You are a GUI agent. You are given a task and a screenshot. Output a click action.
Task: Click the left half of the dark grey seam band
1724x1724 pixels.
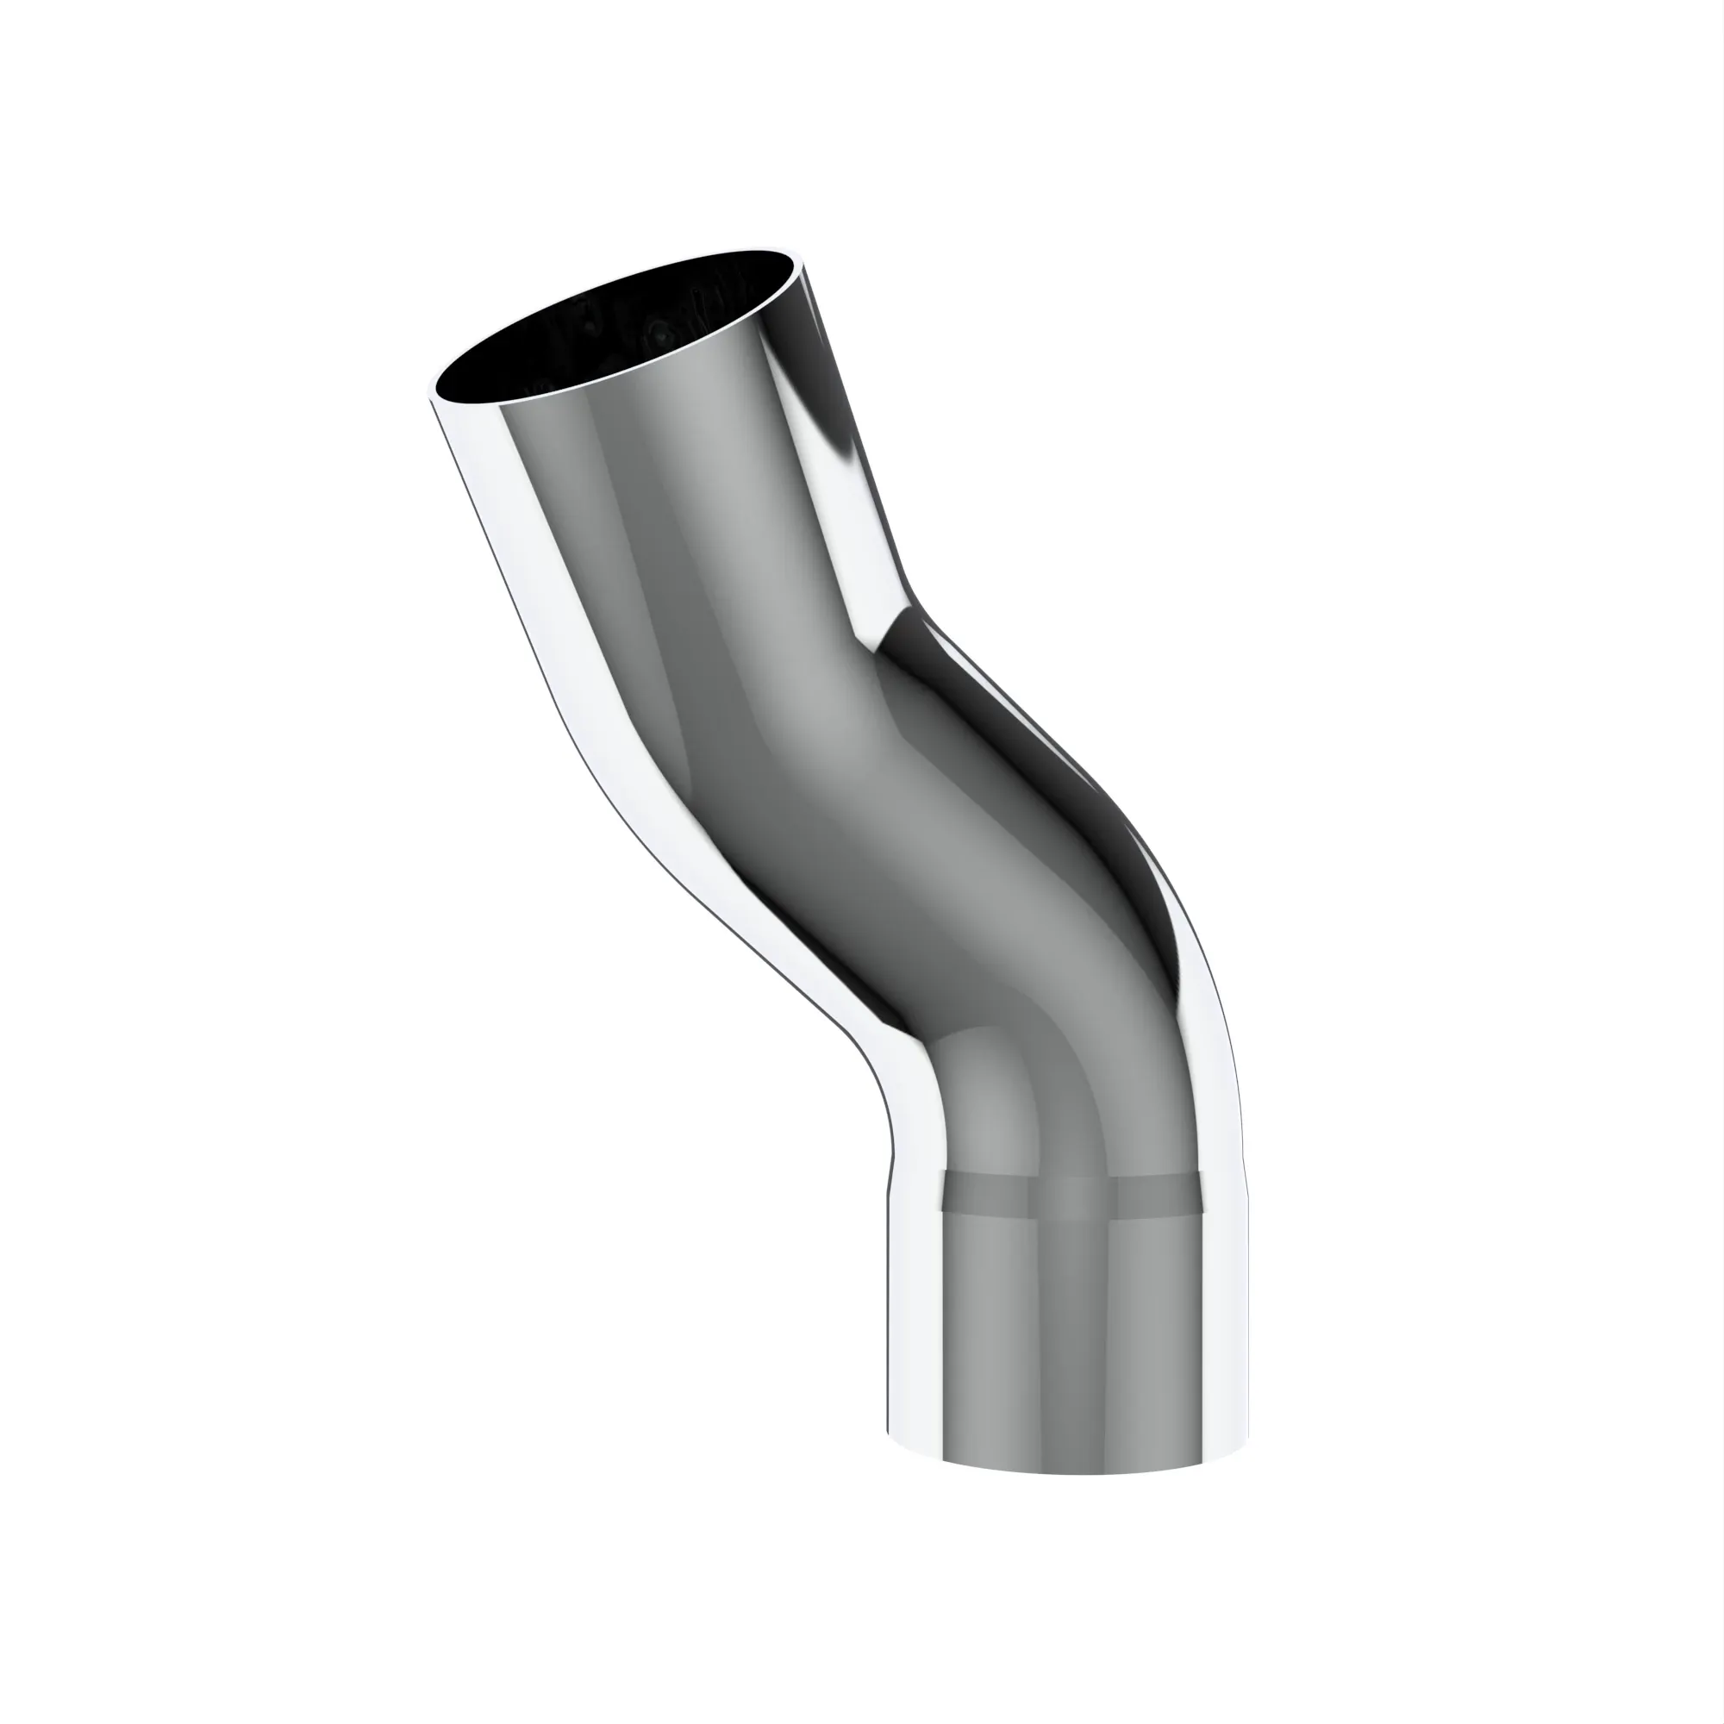(986, 1196)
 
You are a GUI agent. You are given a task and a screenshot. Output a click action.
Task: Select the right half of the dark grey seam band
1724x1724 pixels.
(1160, 1196)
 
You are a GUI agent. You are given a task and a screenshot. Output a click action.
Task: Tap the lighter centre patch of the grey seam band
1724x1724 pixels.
(1071, 1196)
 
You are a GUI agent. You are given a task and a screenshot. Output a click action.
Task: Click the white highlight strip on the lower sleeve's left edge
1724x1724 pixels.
(915, 1339)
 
